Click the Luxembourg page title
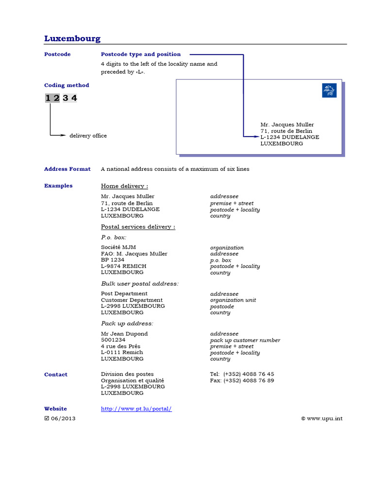click(x=72, y=38)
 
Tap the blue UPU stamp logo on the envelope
click(x=329, y=90)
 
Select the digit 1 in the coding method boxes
click(x=48, y=98)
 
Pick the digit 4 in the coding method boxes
click(x=74, y=98)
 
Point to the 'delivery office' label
click(x=88, y=136)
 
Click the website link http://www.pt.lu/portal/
click(x=136, y=409)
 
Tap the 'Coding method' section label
click(x=67, y=85)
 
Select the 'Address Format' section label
click(x=67, y=169)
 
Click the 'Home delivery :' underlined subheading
click(x=124, y=186)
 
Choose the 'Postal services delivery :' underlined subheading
click(x=138, y=227)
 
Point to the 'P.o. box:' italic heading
click(x=114, y=237)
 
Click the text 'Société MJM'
click(x=119, y=248)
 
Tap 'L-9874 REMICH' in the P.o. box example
click(x=123, y=266)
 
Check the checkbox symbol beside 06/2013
click(x=47, y=418)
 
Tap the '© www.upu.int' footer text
click(x=322, y=418)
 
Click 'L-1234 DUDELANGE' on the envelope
click(x=290, y=137)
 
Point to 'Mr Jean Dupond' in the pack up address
click(x=124, y=334)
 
